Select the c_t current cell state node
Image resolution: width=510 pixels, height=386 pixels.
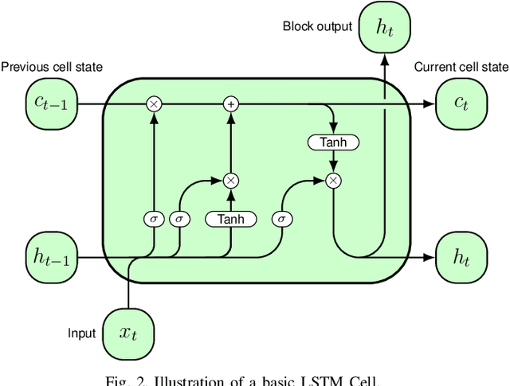point(461,104)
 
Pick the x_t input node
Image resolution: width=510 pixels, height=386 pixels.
point(128,333)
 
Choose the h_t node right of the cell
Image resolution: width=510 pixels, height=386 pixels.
point(461,258)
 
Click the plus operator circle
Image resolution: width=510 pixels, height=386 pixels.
point(230,104)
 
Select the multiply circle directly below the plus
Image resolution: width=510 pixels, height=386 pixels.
point(230,181)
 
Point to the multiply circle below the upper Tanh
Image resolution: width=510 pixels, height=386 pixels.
point(333,181)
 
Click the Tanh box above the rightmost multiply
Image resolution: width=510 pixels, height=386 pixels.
point(333,142)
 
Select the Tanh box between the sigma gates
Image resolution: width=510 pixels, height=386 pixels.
point(230,219)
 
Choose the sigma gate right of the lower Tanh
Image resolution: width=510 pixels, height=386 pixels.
point(281,219)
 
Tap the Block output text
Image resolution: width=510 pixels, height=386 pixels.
point(317,26)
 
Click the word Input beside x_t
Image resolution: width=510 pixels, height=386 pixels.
point(82,333)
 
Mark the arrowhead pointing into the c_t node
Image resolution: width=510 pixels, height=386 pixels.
point(430,104)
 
